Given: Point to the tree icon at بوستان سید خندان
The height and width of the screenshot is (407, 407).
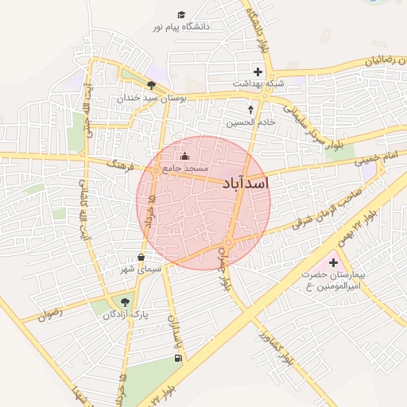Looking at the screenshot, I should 151,85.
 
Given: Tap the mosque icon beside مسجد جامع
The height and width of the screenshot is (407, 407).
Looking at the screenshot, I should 185,157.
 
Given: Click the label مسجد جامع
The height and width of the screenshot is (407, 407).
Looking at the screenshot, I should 185,169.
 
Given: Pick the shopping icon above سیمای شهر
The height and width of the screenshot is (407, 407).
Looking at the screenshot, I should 141,257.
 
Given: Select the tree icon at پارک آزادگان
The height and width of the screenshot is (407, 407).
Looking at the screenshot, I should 125,302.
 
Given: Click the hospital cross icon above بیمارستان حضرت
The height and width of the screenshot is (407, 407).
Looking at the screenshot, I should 332,262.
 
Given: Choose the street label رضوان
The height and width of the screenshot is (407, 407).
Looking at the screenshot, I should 49,313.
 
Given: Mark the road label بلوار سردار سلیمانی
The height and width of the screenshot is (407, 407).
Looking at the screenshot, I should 304,120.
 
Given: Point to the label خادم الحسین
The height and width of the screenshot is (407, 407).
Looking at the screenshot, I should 250,122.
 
